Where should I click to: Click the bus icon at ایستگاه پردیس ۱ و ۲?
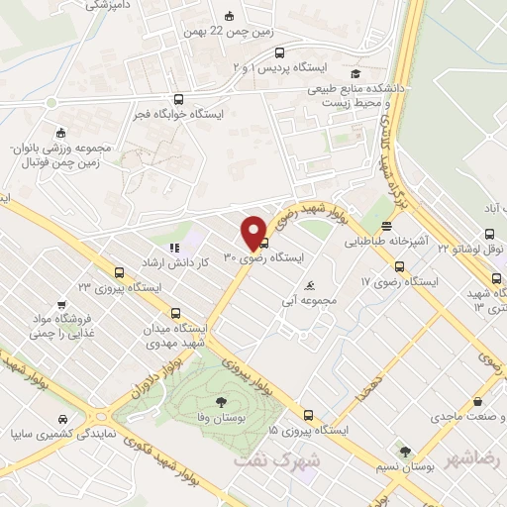tap(279, 52)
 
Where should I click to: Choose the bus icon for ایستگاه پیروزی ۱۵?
tap(308, 416)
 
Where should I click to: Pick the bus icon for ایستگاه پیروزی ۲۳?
tap(119, 272)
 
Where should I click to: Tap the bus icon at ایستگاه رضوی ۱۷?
tap(399, 266)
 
